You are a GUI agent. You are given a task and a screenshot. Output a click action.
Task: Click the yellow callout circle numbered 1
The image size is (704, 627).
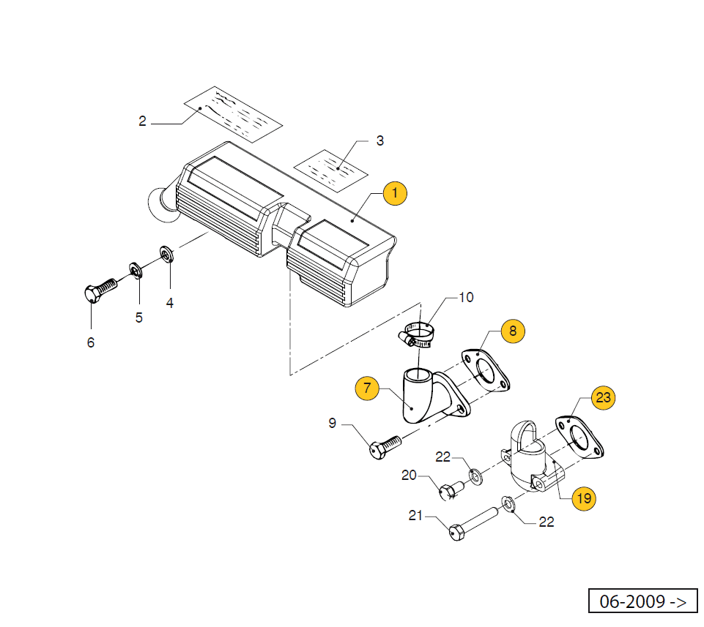pos(394,194)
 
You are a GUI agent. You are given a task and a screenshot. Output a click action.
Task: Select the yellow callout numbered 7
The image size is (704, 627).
pos(367,388)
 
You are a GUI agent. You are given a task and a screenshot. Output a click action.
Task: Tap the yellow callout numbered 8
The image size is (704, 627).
pos(513,331)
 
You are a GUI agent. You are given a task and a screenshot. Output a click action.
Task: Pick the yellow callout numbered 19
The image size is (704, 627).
pos(583,499)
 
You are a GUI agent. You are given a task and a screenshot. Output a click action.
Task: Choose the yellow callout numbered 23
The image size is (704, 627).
pos(603,398)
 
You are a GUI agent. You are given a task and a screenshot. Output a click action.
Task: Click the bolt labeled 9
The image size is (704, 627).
pos(384,445)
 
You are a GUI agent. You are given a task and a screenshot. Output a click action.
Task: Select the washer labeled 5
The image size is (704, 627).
pos(136,269)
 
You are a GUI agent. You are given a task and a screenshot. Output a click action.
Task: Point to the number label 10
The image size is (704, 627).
pos(466,297)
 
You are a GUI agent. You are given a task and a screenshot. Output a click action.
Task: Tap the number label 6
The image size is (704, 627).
pos(91,342)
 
